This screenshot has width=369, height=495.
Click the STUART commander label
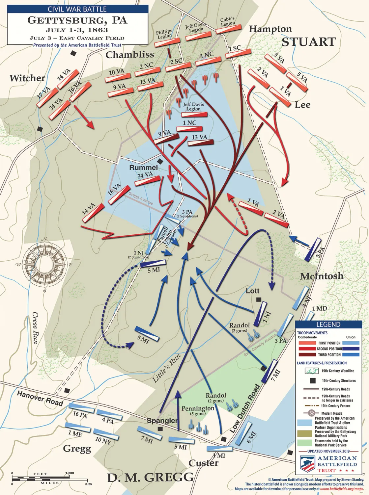(308, 42)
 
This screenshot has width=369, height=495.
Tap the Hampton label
(270, 29)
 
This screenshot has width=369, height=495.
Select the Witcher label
(27, 78)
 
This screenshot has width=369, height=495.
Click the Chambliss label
(130, 55)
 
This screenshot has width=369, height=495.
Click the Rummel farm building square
(160, 161)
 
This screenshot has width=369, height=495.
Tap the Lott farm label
(253, 291)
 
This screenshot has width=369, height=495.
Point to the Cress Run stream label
(35, 328)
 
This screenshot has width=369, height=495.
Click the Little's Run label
(167, 368)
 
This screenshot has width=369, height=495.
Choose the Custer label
(203, 463)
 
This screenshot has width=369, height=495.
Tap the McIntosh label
(322, 276)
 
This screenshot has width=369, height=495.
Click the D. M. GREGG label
(150, 478)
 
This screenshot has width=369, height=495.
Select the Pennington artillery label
(198, 408)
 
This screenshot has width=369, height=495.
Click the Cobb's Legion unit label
(228, 22)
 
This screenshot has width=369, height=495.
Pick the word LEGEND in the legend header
(328, 325)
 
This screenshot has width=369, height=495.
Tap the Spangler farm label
(162, 421)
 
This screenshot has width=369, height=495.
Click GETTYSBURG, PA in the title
(77, 20)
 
